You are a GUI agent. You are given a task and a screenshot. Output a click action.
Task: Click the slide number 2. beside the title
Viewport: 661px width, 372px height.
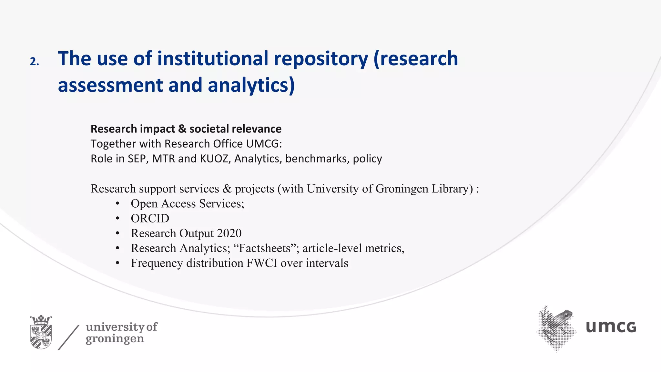point(34,61)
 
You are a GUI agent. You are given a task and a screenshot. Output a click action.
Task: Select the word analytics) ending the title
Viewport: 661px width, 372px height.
point(251,85)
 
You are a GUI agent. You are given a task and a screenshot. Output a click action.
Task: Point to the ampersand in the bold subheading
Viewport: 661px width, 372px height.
point(182,129)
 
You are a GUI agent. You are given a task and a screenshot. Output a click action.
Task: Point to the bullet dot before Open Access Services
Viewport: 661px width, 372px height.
point(117,203)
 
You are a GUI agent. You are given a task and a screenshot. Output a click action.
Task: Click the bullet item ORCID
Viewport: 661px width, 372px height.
point(150,218)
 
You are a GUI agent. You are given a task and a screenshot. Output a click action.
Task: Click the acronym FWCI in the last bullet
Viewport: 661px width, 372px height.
point(262,263)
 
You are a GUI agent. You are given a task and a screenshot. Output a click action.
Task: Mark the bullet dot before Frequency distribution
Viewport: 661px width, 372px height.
point(117,263)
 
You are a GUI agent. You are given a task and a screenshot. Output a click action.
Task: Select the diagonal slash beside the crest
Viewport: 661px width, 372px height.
point(68,337)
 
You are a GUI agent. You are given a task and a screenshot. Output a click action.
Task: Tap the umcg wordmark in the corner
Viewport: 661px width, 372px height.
point(611,327)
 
